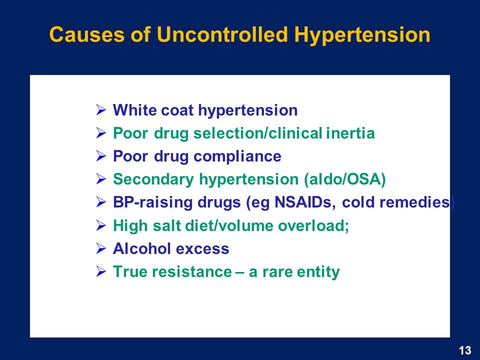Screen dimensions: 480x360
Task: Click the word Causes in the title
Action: tap(87, 34)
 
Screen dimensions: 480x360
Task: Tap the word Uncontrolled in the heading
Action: tap(222, 34)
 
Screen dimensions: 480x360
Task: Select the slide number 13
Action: tap(464, 350)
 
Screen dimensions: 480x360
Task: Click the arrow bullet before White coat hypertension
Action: tap(100, 109)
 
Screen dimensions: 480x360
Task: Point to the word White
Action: tap(134, 110)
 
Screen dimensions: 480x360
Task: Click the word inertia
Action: tap(350, 133)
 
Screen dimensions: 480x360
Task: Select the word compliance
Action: tap(237, 156)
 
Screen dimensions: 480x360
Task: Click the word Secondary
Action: tap(153, 179)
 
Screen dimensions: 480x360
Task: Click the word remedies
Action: tap(396, 202)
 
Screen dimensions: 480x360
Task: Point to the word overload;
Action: tap(313, 225)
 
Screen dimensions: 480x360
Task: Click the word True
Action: tap(130, 272)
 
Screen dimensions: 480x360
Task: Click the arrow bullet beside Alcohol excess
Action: tap(100, 248)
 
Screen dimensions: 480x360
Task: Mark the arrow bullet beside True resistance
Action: tap(100, 271)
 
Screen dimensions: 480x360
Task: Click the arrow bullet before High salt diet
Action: tap(100, 225)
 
